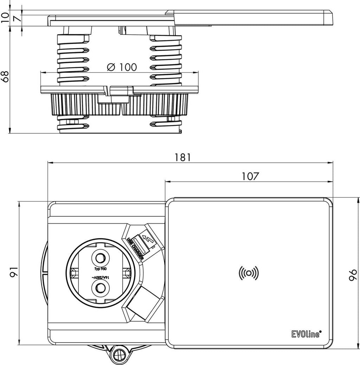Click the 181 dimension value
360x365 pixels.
(183, 158)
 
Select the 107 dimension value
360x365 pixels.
(250, 177)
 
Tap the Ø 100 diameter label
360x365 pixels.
(122, 67)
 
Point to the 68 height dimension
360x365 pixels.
(5, 76)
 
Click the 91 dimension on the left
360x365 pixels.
(14, 272)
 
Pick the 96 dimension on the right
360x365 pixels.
(353, 275)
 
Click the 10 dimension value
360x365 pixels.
(5, 18)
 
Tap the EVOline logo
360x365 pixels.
(307, 334)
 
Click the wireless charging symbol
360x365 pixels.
(249, 273)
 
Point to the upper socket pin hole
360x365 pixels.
(100, 258)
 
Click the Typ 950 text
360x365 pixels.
(100, 269)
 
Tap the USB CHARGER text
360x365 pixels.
(136, 248)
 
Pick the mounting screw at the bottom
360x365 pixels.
(119, 356)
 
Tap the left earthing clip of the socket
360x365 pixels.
(74, 273)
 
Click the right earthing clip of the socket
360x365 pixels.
(127, 273)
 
